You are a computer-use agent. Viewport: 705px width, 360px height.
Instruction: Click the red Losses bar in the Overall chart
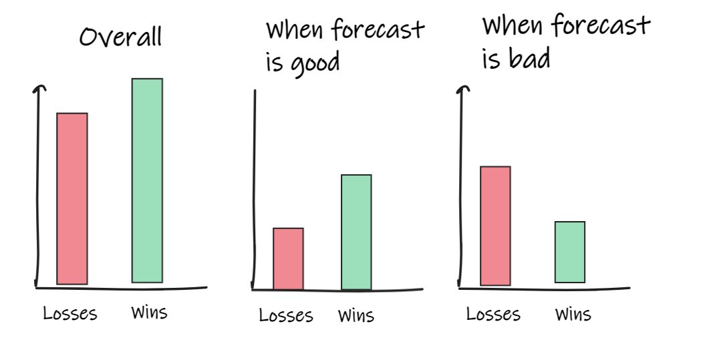click(x=72, y=198)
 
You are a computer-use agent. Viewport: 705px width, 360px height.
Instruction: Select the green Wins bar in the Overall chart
click(x=147, y=180)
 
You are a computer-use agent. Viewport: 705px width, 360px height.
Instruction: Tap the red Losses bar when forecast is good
click(x=288, y=258)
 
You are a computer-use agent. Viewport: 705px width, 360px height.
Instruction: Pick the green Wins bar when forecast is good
click(x=356, y=232)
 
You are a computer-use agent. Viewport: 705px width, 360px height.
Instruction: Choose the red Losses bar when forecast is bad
click(x=495, y=226)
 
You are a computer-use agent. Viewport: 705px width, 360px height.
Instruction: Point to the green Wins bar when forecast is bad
click(x=569, y=252)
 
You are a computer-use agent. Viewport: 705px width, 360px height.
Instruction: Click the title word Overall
click(x=120, y=37)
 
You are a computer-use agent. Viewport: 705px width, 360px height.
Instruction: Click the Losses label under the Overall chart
click(x=69, y=313)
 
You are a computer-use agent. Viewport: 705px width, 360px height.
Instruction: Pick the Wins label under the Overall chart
click(x=149, y=312)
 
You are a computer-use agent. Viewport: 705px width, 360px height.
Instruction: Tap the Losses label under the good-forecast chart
click(x=286, y=315)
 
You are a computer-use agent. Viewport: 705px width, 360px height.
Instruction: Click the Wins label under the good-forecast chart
click(x=356, y=315)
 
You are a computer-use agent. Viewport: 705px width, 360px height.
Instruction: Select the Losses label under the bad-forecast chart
click(x=493, y=314)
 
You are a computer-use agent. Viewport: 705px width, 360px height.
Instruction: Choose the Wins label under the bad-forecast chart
click(x=573, y=314)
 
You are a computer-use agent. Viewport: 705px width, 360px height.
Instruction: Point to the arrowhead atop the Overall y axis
click(x=41, y=89)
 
